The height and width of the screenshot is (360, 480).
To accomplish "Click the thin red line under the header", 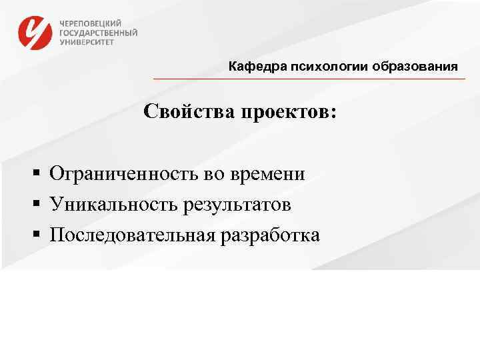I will pos(309,79).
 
